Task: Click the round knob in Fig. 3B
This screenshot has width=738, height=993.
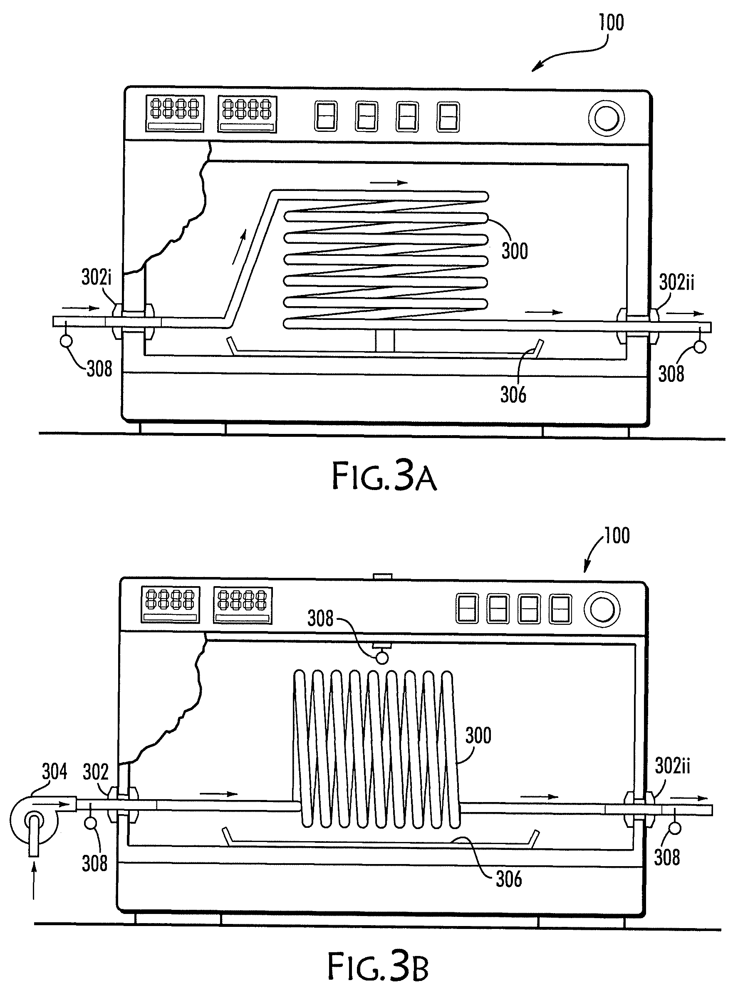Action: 603,610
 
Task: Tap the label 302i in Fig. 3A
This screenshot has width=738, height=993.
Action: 97,277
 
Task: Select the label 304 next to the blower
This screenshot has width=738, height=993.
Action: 54,771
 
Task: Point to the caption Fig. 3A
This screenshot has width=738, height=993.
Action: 384,477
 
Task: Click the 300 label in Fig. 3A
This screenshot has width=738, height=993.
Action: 515,251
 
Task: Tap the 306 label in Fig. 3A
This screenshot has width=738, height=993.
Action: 513,395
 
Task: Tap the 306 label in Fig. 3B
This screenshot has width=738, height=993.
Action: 509,879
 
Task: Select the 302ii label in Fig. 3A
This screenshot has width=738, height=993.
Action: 677,282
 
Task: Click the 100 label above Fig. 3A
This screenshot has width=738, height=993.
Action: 612,23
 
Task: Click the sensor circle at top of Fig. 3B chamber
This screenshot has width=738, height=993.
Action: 382,658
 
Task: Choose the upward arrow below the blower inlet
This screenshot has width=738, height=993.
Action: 34,883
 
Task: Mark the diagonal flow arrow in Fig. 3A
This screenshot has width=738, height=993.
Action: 239,248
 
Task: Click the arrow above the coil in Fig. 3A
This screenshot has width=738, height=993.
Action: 389,182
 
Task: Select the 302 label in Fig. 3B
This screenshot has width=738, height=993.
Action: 96,773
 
